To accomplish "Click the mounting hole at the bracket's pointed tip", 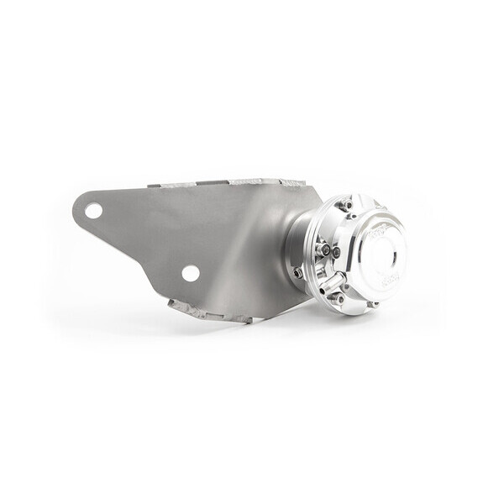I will (x=93, y=210).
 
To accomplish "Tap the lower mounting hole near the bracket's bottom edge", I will (x=191, y=273).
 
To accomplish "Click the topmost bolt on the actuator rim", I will (x=346, y=205).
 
